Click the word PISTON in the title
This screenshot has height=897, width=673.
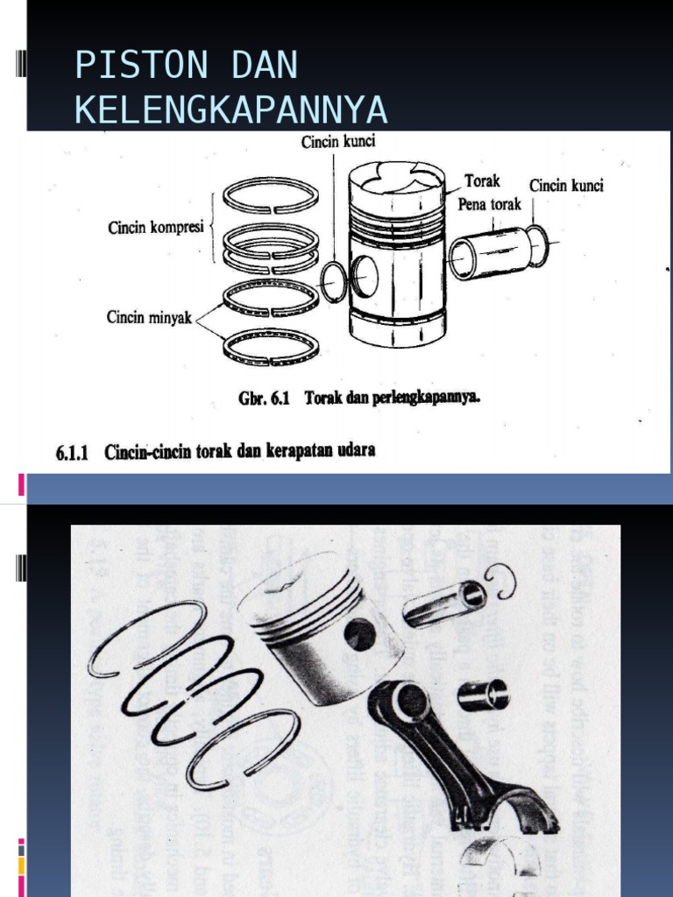coord(130,67)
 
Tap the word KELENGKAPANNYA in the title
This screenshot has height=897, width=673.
coord(230,110)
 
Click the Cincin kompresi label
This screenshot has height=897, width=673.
coord(155,227)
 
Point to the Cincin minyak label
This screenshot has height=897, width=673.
coord(149,318)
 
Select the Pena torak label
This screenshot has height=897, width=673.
coord(489,204)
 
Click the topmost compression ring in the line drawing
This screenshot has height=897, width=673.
coord(270,195)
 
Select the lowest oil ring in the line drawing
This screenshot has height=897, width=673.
coord(270,347)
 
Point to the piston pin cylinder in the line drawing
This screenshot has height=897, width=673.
coord(486,250)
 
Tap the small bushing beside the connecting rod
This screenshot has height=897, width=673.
coord(483,696)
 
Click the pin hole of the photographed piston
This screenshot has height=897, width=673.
coord(359,633)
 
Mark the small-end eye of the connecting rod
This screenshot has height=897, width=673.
coord(408,702)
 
